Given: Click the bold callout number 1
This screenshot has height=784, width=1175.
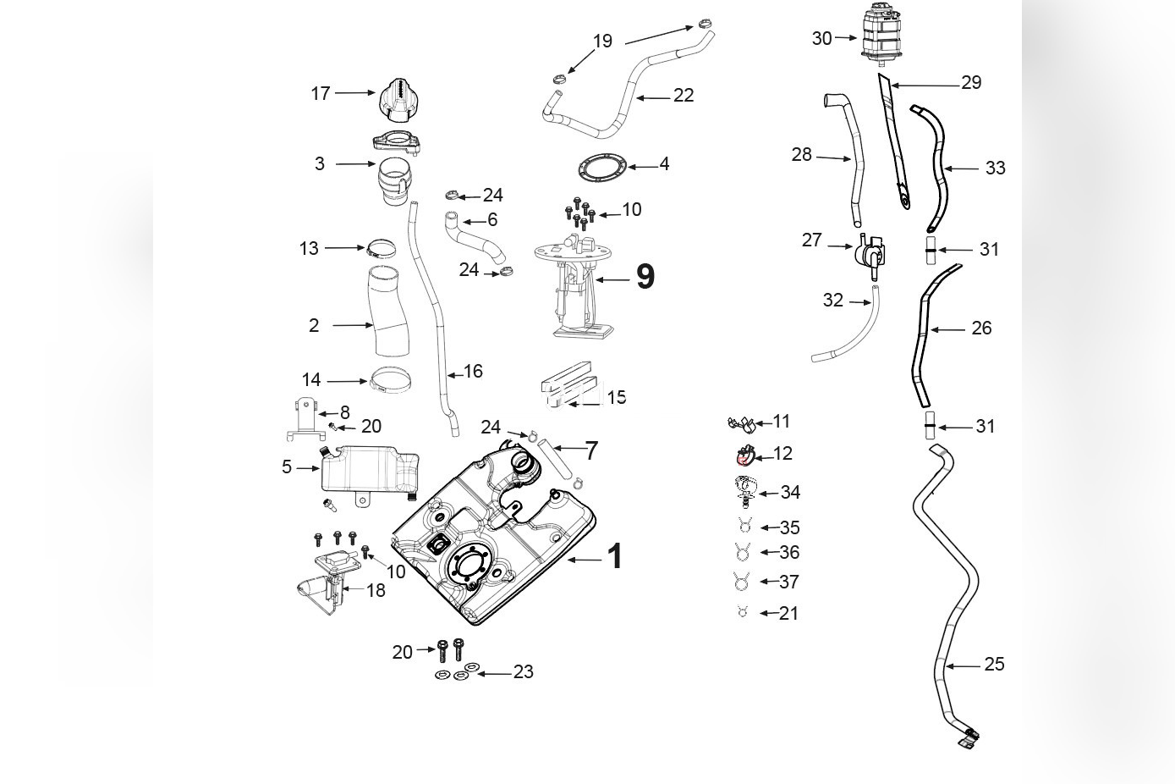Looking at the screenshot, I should click(x=615, y=557).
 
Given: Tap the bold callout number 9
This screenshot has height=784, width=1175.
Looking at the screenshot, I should click(x=645, y=277).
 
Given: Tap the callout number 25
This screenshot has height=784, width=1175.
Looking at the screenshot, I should click(x=994, y=665).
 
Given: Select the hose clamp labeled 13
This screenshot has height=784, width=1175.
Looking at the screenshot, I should click(x=382, y=249).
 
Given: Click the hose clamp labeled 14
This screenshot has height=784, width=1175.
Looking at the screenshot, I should click(x=390, y=382).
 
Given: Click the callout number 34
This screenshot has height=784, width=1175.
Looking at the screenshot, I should click(x=790, y=493).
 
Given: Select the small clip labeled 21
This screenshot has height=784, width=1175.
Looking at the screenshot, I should click(x=743, y=613).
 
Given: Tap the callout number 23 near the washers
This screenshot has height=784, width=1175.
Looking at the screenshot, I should click(x=524, y=672).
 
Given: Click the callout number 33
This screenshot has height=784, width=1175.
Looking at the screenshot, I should click(x=995, y=168).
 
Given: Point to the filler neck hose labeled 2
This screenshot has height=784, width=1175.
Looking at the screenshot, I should click(x=388, y=311).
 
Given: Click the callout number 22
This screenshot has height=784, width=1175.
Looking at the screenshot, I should click(x=683, y=96).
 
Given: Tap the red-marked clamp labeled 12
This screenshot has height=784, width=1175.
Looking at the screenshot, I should click(x=744, y=457).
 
